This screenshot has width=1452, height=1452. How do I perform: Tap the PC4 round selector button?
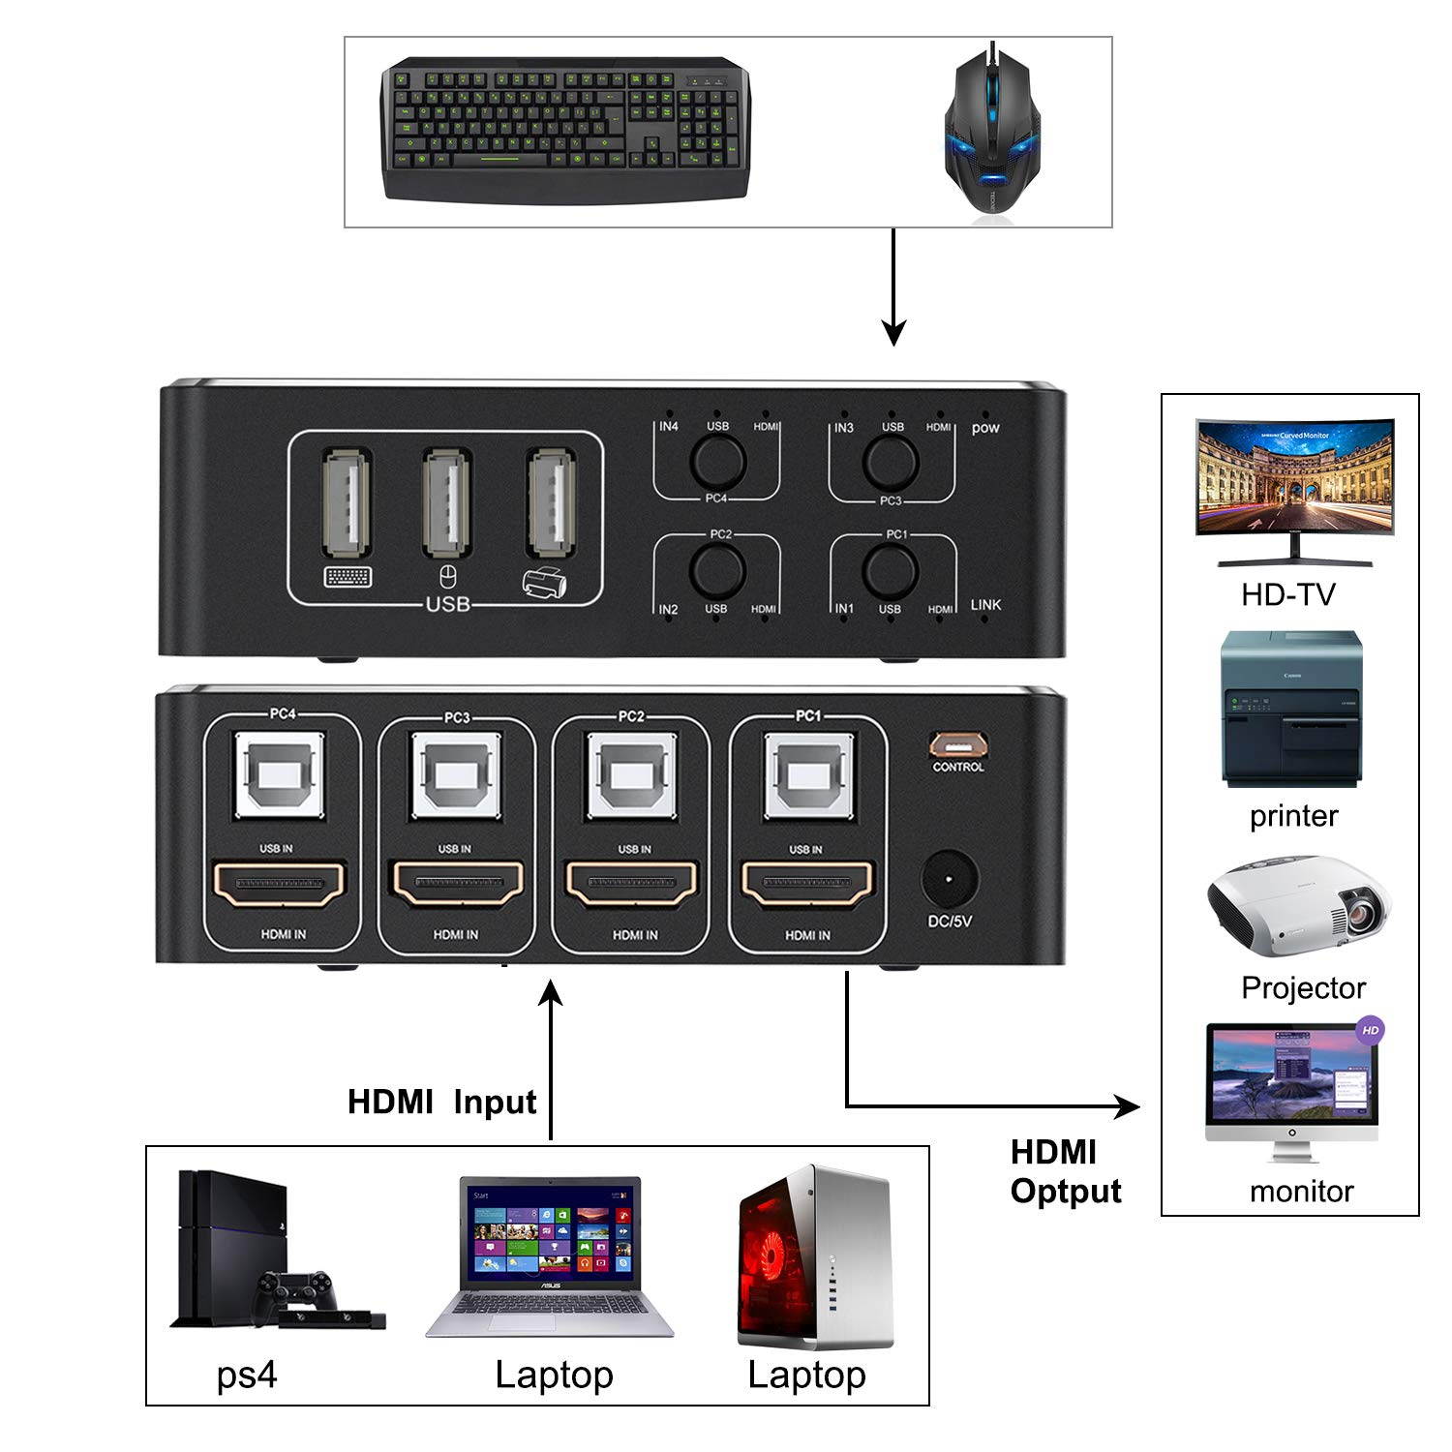(716, 461)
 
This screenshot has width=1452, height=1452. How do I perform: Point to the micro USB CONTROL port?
(957, 743)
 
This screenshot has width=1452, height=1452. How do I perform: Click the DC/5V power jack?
(948, 880)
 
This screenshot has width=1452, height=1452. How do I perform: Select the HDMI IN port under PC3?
(456, 884)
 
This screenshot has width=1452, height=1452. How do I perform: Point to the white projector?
(1298, 906)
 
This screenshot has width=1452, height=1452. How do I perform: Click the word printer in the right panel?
(1293, 815)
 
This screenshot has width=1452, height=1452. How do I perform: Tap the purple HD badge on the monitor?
(1369, 1030)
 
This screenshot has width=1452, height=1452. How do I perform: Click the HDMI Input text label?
(441, 1102)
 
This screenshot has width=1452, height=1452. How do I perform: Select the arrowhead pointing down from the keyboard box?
(893, 334)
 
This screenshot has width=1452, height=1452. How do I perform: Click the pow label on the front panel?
(985, 428)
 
